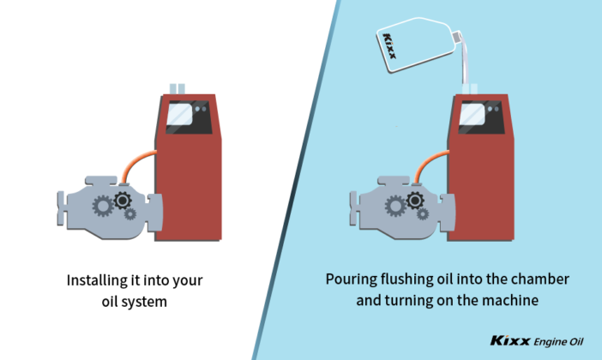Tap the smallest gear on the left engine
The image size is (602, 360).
click(129, 214)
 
